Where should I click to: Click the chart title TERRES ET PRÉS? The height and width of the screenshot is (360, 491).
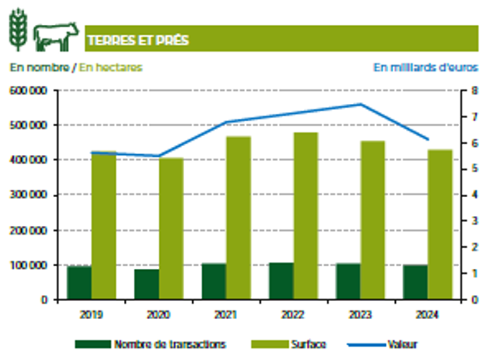click(x=137, y=40)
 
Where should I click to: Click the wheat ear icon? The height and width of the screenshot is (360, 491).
click(x=18, y=31)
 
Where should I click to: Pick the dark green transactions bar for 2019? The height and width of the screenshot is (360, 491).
click(x=79, y=283)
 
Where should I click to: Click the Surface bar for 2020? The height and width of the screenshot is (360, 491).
click(x=171, y=229)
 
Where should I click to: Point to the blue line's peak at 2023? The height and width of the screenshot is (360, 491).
click(x=360, y=104)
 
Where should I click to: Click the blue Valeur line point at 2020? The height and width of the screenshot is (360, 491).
click(x=159, y=156)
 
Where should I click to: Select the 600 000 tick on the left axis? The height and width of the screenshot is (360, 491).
click(x=27, y=91)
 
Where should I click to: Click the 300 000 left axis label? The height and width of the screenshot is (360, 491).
click(x=27, y=195)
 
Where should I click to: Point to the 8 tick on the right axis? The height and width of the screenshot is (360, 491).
click(x=474, y=91)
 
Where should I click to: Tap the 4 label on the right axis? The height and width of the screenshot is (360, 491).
click(x=474, y=195)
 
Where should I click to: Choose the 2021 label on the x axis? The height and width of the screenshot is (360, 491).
click(x=225, y=313)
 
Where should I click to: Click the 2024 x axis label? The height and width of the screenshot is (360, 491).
click(x=427, y=313)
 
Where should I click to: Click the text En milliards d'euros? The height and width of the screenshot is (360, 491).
click(x=425, y=67)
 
